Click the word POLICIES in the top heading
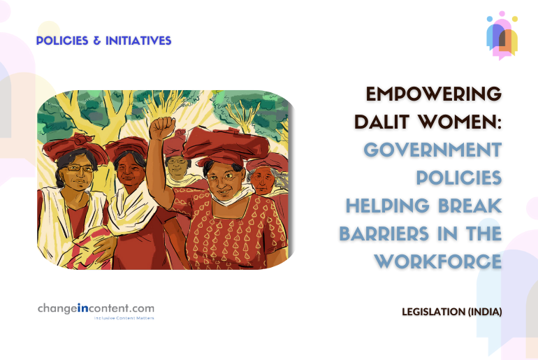point(62,41)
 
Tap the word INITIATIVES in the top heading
point(138,41)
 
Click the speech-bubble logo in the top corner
point(502,35)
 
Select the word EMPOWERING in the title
point(434,94)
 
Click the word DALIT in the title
point(382,122)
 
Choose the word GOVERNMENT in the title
point(432,150)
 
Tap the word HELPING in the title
point(387,206)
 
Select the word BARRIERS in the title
point(384,233)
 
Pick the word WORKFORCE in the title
point(438,261)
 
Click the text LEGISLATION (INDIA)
point(452,312)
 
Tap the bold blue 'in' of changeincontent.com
point(83,308)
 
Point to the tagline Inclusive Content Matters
point(124,318)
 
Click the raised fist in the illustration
point(162,127)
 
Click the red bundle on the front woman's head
point(226,143)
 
